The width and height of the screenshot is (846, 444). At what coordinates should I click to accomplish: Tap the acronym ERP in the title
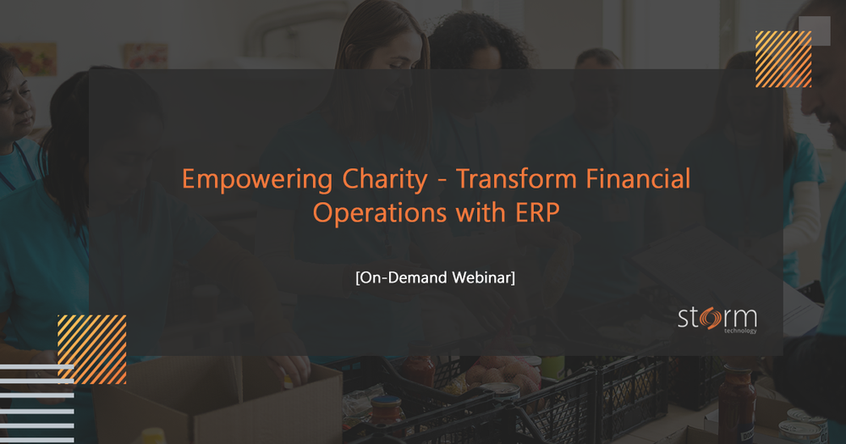pyautogui.click(x=537, y=213)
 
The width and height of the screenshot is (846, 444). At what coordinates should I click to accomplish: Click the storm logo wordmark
pyautogui.click(x=717, y=320)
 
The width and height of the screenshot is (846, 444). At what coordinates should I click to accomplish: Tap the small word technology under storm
pyautogui.click(x=740, y=332)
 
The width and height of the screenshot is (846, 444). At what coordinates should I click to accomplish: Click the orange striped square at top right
pyautogui.click(x=783, y=59)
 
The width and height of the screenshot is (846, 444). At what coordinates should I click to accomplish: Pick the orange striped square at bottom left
pyautogui.click(x=91, y=349)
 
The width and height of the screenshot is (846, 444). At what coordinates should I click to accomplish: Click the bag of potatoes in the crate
pyautogui.click(x=499, y=372)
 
